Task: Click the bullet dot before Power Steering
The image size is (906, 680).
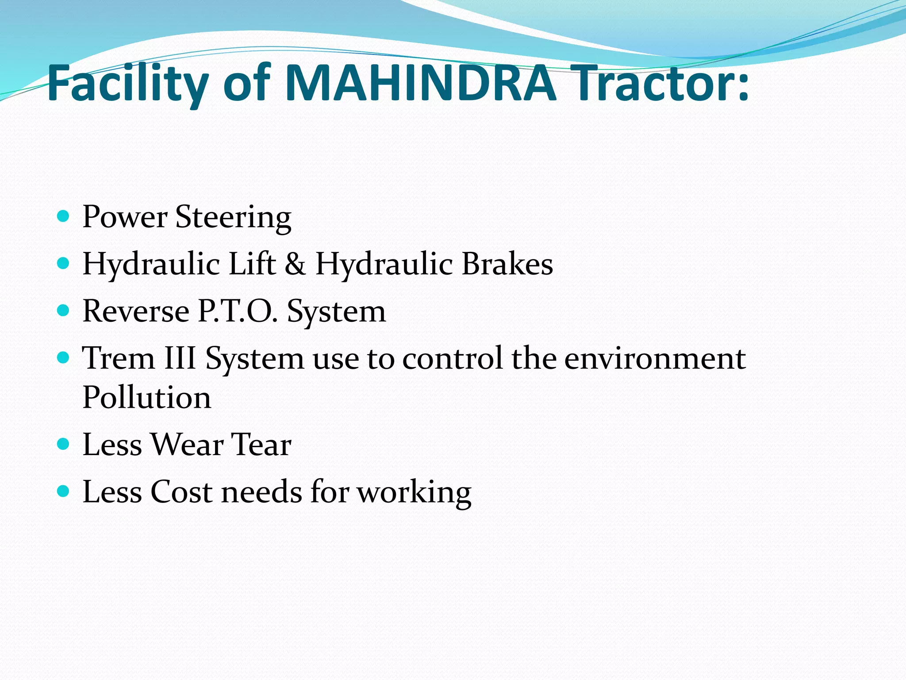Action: point(64,216)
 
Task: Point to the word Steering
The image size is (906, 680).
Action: point(233,217)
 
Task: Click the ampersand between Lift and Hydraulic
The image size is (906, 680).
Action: point(295,264)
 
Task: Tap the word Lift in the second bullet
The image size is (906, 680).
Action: point(252,264)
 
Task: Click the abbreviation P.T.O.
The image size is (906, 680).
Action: point(238,311)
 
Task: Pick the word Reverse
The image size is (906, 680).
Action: point(136,311)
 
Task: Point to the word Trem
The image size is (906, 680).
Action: point(119,358)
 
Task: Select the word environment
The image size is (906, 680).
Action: point(655,358)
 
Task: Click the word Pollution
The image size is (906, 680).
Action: point(147,397)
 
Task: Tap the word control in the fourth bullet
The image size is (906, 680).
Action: point(453,358)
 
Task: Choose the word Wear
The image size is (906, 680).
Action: point(187,444)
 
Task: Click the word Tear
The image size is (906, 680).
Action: point(261,444)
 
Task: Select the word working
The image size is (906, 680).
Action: point(414,492)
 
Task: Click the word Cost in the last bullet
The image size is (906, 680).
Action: point(181,492)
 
